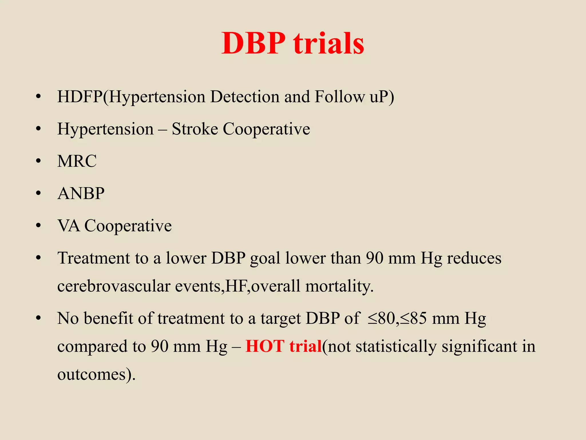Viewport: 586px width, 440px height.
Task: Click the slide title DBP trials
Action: tap(293, 43)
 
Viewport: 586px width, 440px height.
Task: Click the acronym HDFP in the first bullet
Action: tap(80, 97)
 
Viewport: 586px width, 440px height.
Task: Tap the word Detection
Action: tap(245, 97)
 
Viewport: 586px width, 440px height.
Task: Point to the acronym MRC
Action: tap(77, 161)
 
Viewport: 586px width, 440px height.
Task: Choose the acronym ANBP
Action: tap(81, 193)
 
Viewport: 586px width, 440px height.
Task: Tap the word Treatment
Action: tap(94, 258)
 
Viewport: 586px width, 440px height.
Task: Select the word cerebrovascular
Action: tap(114, 286)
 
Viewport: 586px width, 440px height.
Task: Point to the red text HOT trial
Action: tap(284, 346)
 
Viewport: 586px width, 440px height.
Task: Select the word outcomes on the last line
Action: tap(92, 374)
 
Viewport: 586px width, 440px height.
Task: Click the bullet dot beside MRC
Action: tap(38, 161)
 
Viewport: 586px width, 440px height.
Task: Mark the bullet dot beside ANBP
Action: tap(38, 194)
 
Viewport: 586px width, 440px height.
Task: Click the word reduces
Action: tap(474, 258)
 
